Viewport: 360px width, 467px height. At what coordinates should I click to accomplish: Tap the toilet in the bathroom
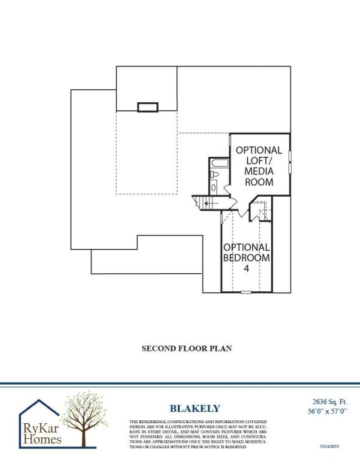pyautogui.click(x=215, y=175)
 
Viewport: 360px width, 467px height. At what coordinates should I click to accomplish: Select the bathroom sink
pyautogui.click(x=214, y=187)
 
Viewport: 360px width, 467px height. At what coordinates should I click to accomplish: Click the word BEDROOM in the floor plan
pyautogui.click(x=247, y=257)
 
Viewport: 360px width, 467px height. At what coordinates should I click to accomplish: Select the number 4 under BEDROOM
pyautogui.click(x=247, y=269)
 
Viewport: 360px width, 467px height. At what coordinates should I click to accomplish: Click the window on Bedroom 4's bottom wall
pyautogui.click(x=247, y=291)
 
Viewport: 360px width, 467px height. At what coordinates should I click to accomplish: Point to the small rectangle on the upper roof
pyautogui.click(x=148, y=107)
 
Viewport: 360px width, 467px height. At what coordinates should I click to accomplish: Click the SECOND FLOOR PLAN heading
pyautogui.click(x=187, y=348)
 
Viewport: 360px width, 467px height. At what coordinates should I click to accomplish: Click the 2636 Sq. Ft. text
pyautogui.click(x=327, y=401)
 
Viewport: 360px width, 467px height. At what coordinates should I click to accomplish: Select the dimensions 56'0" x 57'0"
pyautogui.click(x=327, y=411)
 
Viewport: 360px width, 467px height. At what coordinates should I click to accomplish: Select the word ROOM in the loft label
pyautogui.click(x=259, y=182)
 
